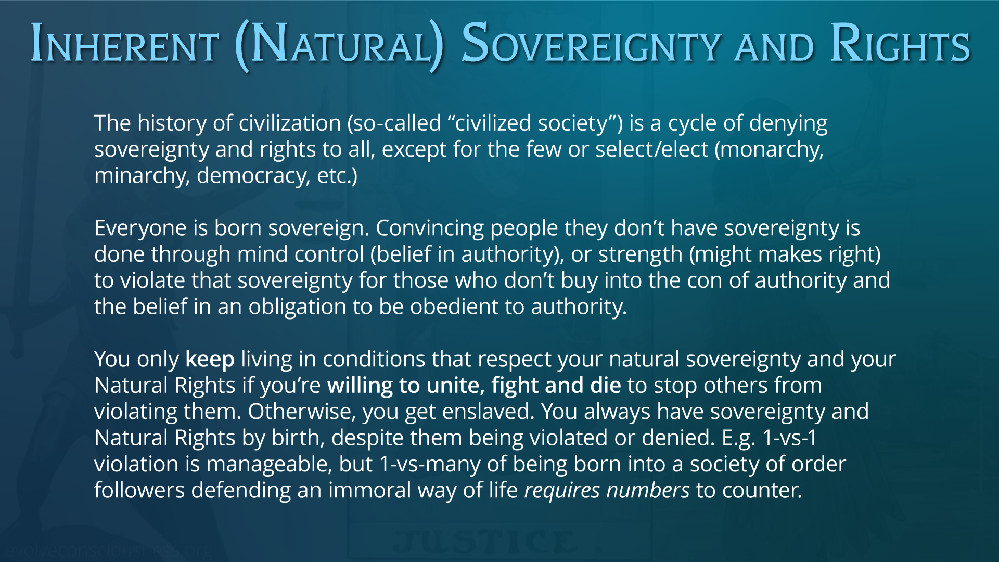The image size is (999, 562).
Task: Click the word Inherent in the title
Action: [124, 43]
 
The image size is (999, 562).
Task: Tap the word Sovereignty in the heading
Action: [591, 43]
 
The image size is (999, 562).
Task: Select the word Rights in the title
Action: [900, 43]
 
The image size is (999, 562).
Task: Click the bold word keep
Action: [210, 360]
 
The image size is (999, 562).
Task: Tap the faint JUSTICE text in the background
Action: [485, 542]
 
